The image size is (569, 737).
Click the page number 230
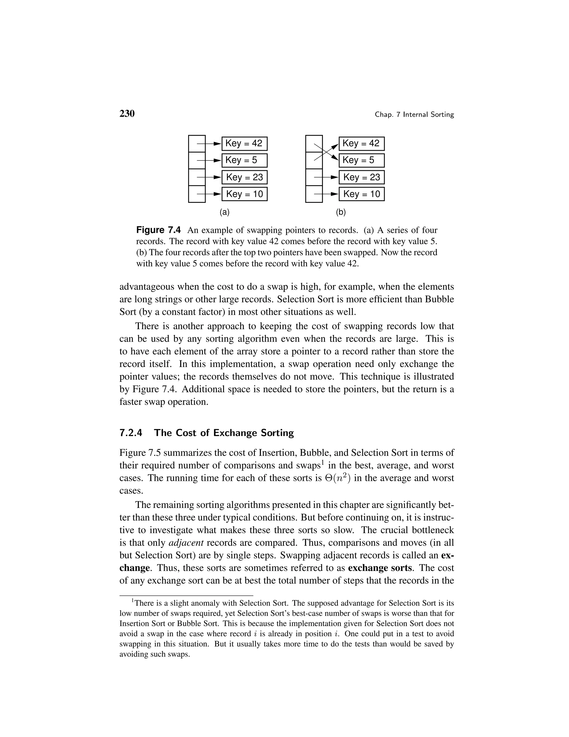127,114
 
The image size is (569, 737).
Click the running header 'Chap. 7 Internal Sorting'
414,115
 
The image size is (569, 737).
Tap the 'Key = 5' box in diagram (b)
361,160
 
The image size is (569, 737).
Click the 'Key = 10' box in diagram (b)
361,194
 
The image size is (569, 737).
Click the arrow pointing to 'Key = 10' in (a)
209,194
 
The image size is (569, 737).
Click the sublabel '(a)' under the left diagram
224,212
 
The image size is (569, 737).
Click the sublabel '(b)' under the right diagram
341,212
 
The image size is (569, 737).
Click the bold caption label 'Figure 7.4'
158,231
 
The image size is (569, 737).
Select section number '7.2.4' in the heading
131,433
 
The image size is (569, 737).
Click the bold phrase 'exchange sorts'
380,568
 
